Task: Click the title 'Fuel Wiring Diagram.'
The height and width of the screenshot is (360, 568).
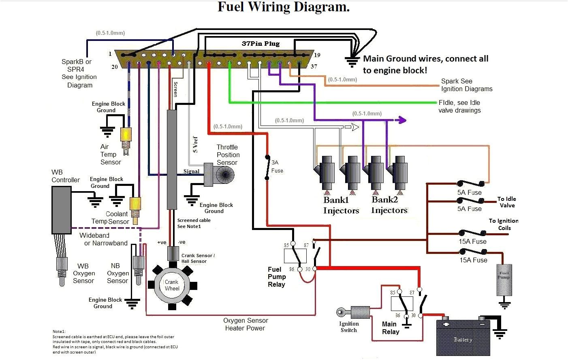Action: (284, 7)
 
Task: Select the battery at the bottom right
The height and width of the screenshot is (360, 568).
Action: (463, 338)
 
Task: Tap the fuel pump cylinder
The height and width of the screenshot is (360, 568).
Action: (504, 280)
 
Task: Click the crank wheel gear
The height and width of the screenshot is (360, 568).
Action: (172, 285)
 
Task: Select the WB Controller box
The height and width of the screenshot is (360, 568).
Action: (61, 210)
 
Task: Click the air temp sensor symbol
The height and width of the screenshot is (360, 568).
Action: (126, 138)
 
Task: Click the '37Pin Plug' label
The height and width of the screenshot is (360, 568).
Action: (261, 44)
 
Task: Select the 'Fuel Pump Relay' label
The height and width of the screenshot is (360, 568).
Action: (277, 277)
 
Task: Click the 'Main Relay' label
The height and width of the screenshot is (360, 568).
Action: (391, 328)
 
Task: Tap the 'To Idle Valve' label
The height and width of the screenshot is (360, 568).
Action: (507, 202)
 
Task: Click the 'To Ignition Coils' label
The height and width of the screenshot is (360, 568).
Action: (504, 224)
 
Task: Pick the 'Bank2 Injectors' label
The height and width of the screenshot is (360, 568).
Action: (389, 205)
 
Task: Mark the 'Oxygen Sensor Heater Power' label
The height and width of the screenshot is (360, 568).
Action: (246, 324)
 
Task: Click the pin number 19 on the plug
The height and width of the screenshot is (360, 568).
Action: (317, 55)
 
